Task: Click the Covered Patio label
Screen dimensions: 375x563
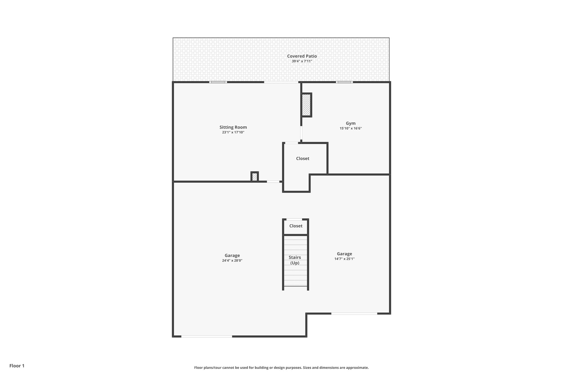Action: (302, 56)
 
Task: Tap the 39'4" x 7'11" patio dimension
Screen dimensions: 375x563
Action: (302, 61)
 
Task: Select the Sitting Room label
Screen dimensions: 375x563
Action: (233, 127)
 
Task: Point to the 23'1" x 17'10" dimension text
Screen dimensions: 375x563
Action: (233, 132)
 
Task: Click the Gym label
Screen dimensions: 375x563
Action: (351, 123)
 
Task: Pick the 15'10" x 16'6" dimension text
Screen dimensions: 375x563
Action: (351, 128)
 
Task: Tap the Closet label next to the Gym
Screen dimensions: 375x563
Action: (302, 159)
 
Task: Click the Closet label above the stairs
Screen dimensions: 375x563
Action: (296, 226)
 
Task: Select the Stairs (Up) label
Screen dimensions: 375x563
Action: (295, 260)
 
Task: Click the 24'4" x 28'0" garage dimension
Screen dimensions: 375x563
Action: (232, 261)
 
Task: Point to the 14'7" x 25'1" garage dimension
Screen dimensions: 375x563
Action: (344, 259)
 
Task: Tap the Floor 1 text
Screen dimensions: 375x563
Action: (17, 366)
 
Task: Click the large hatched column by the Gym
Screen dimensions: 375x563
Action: (306, 105)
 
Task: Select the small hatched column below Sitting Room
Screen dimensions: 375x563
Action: (255, 177)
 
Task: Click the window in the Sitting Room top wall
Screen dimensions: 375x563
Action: (218, 82)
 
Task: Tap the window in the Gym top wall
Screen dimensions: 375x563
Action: (344, 82)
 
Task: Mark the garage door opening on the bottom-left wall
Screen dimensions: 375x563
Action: (206, 336)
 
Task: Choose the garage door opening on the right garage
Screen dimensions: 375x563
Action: (354, 313)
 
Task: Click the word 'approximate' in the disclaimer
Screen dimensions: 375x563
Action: (357, 368)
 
